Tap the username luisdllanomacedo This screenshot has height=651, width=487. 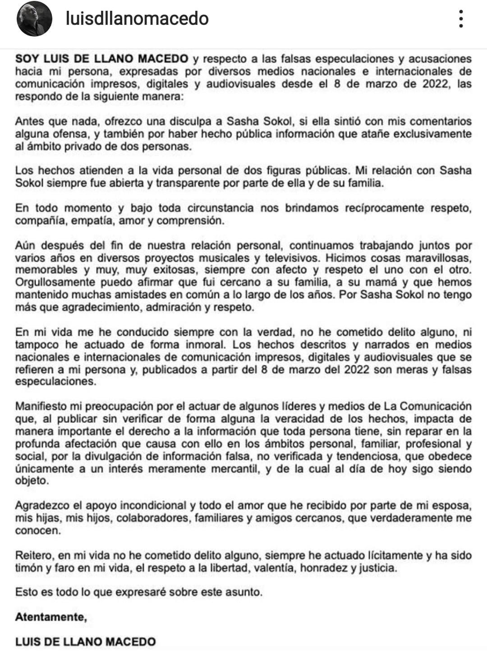[137, 18]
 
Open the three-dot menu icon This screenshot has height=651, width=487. [460, 19]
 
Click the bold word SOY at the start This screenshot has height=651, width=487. [28, 59]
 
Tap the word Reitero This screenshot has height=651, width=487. [33, 555]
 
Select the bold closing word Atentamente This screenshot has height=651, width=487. [51, 617]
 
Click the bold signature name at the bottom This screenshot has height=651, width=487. [85, 642]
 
